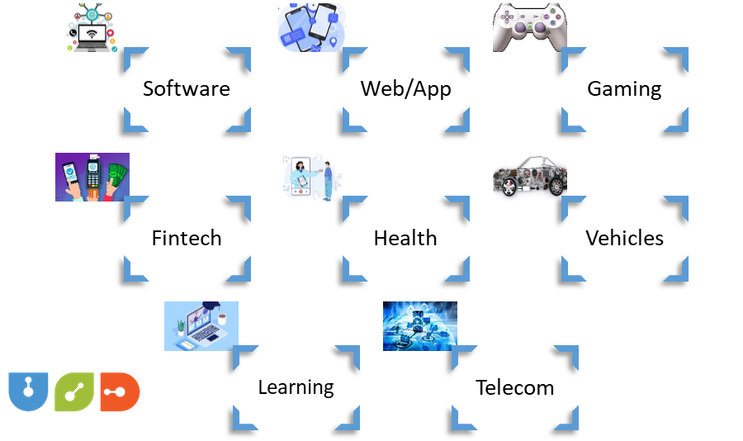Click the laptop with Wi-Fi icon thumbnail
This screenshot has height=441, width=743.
tap(92, 27)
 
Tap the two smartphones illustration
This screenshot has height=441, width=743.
tap(310, 27)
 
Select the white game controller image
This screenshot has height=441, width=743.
tap(529, 27)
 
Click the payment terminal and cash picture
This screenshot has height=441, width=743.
tap(92, 177)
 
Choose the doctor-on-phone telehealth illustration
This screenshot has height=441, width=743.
tap(310, 177)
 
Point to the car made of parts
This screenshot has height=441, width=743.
tap(529, 177)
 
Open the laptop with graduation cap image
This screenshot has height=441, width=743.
tap(201, 326)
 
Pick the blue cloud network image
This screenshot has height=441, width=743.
tap(419, 326)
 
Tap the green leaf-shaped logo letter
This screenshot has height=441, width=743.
tap(73, 391)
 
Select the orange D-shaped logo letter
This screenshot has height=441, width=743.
tap(120, 391)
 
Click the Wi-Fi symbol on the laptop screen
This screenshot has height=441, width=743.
tap(92, 35)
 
